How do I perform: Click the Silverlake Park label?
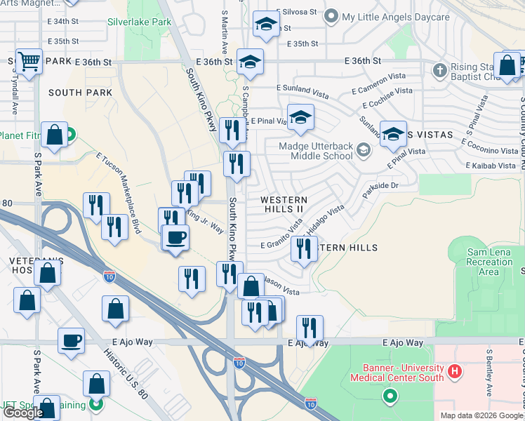tap(139, 22)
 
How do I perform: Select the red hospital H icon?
tap(455, 370)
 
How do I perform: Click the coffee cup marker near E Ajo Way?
tap(72, 342)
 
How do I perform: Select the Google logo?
tap(23, 413)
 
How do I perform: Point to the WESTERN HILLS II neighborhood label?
tap(284, 204)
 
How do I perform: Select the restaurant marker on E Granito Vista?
tap(303, 249)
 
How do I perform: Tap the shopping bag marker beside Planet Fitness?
tap(54, 135)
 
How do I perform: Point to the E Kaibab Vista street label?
tap(491, 166)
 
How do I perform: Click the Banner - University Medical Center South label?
tap(402, 373)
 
